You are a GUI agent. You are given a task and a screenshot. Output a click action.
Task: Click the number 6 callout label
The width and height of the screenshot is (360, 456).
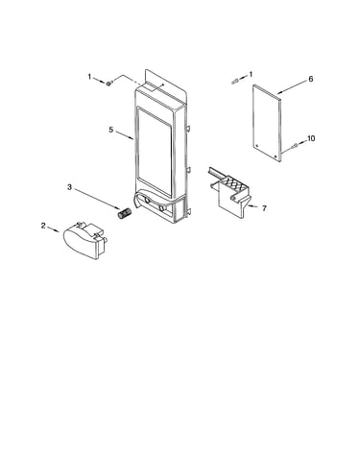coord(310,79)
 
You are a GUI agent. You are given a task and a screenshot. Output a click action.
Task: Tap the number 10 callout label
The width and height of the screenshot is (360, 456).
coord(311,138)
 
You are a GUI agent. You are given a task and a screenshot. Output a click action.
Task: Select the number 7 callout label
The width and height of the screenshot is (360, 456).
coord(264,208)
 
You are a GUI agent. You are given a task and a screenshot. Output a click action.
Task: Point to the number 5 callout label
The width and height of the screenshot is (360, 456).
coord(110,130)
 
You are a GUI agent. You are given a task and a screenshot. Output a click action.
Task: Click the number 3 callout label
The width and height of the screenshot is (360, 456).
coord(69,187)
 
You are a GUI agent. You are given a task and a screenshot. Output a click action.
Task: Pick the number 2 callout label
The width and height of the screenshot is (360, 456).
coord(43,226)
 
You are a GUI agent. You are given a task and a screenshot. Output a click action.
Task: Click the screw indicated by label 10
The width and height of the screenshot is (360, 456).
coord(295,146)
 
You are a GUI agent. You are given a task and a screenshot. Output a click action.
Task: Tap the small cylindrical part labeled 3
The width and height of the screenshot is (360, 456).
coord(125,213)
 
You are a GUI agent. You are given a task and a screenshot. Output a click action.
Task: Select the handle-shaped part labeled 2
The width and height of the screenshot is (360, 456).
coord(84,240)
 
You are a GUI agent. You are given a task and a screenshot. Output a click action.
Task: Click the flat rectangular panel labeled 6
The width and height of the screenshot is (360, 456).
coord(267,123)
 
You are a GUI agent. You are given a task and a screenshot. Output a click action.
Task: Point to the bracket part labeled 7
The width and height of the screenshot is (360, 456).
coord(228,192)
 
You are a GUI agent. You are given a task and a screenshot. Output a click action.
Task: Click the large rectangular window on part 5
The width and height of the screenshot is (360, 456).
coord(155,152)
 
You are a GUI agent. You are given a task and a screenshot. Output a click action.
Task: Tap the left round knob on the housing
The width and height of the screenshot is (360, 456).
coord(147,200)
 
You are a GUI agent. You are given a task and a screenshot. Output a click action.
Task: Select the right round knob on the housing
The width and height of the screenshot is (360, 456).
coord(161,208)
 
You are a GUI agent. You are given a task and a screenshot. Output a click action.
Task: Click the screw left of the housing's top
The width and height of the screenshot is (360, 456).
coord(108,84)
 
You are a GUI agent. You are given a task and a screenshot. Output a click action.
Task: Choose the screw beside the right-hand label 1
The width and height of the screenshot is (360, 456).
coord(235,82)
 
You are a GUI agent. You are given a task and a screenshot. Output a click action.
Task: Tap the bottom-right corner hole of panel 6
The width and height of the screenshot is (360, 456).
coord(276,156)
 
